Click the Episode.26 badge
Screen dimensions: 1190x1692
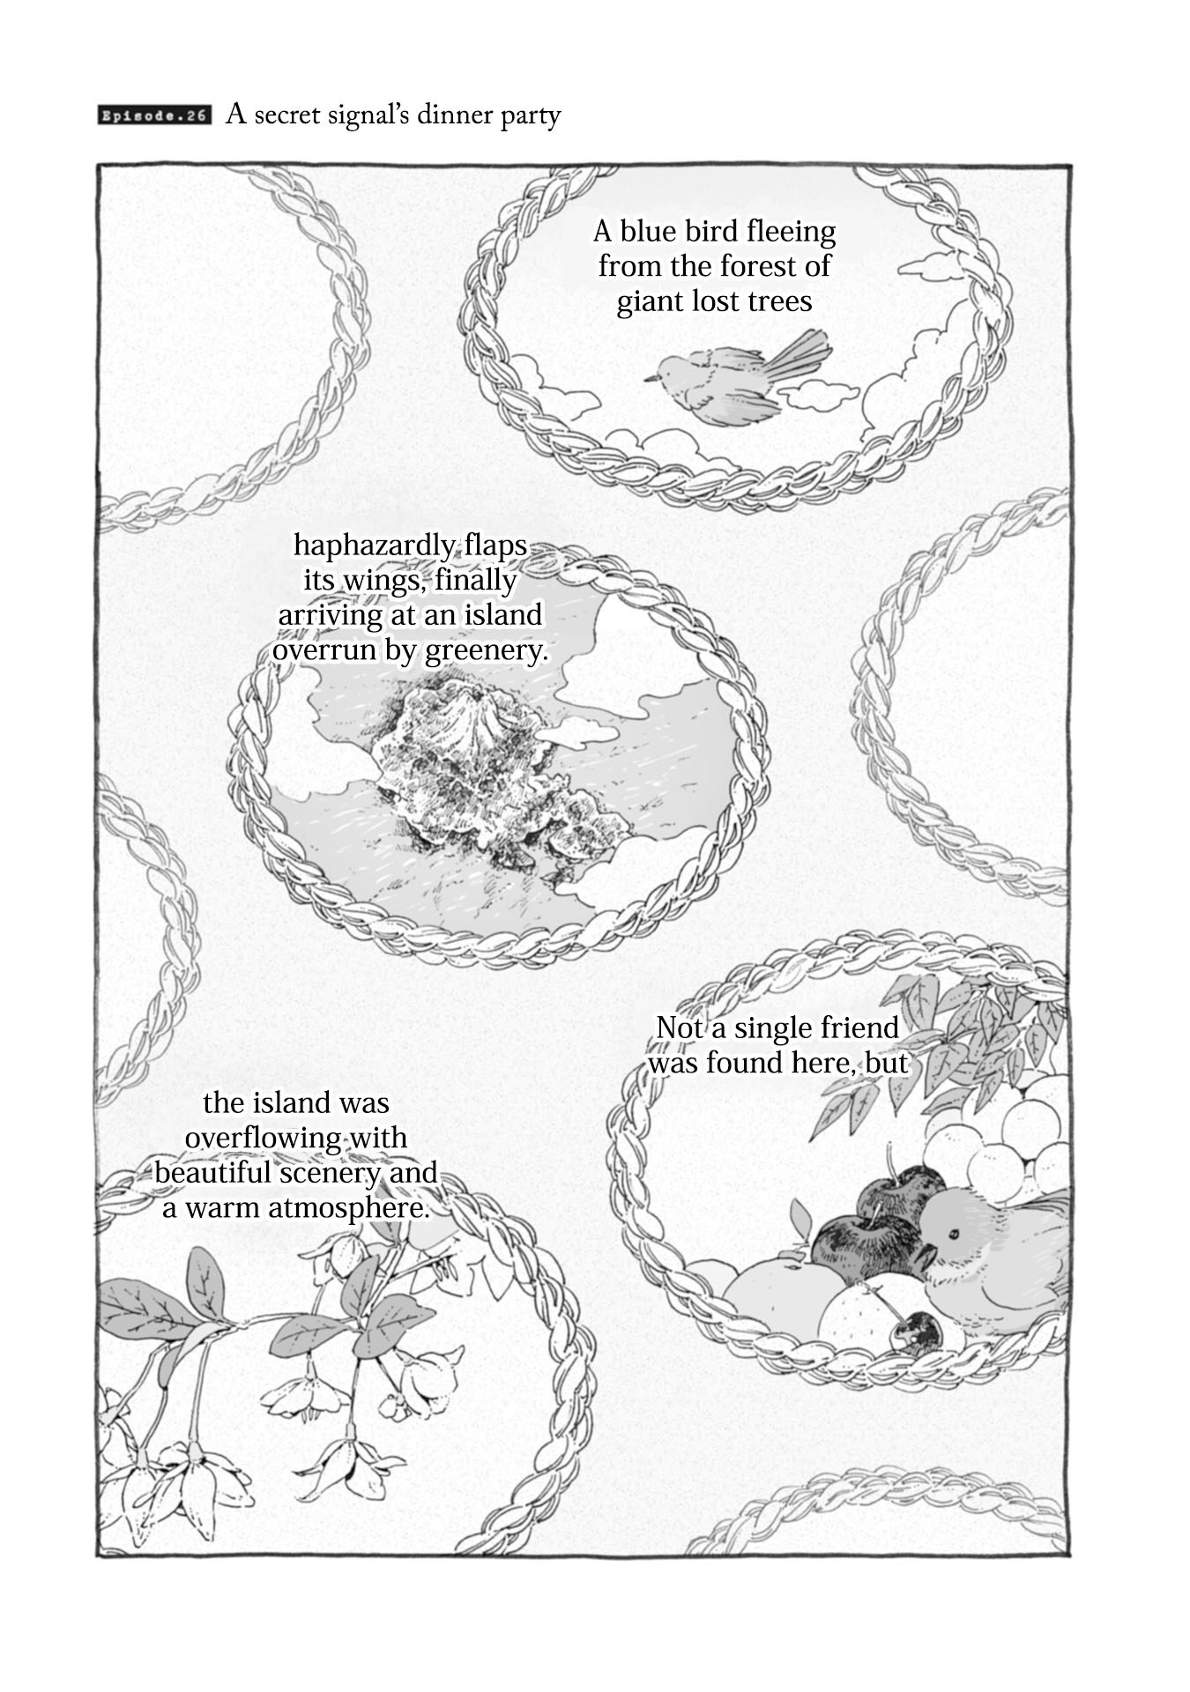155,117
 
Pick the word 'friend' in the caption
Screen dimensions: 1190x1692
851,1028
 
